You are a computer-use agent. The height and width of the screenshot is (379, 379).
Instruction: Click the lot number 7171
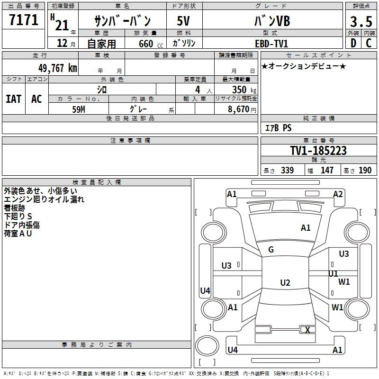(24, 20)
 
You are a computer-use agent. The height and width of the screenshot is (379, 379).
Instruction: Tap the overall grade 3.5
(361, 21)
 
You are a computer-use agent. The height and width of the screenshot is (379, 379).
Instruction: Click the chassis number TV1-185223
(318, 151)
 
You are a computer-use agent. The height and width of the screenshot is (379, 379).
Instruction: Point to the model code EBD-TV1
(271, 43)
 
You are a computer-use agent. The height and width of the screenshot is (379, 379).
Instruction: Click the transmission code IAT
(14, 99)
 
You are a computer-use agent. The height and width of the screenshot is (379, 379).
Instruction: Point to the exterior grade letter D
(353, 43)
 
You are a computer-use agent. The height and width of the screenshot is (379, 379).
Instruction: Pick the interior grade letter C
(368, 43)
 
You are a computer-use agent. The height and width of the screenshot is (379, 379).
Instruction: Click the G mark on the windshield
(271, 250)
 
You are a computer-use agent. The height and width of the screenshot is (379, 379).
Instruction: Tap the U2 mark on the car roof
(285, 283)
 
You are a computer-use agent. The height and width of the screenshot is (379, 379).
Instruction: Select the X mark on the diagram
(308, 330)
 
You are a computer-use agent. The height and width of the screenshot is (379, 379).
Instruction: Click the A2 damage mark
(338, 194)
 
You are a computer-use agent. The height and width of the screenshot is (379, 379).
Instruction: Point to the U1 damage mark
(333, 273)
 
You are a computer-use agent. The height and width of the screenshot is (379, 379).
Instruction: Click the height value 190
(365, 171)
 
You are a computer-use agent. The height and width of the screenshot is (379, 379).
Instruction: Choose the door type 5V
(184, 21)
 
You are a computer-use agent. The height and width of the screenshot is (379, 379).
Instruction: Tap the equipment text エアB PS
(278, 128)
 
